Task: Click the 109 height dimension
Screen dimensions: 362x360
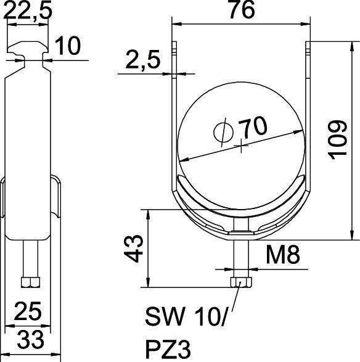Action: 339,139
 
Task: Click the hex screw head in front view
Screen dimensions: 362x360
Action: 240,282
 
